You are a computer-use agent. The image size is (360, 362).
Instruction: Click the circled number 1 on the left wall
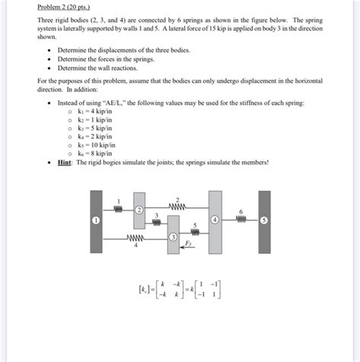[x=96, y=220]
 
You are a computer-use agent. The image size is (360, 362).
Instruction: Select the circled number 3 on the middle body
[x=173, y=238]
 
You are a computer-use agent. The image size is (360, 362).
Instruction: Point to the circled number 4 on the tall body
[x=215, y=220]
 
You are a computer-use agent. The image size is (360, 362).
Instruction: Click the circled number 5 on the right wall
[x=264, y=220]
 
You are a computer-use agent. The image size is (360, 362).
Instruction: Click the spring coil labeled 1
[x=118, y=208]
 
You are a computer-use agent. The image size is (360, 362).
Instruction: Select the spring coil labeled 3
[x=157, y=224]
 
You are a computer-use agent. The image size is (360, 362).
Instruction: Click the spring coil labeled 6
[x=241, y=220]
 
